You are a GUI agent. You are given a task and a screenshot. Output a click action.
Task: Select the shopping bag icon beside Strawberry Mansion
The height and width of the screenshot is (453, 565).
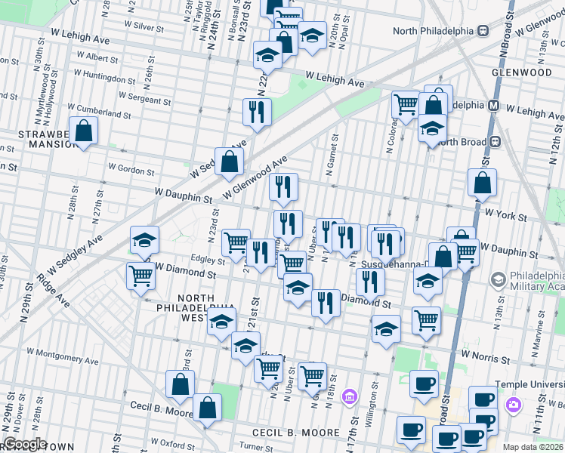coord(83,131)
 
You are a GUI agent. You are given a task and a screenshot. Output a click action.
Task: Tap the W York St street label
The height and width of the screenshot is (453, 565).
coord(505,216)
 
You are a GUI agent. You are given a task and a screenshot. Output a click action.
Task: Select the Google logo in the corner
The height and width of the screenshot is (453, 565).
coord(25,444)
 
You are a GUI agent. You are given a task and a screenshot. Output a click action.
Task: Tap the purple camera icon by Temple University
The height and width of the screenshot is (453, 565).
coord(513,406)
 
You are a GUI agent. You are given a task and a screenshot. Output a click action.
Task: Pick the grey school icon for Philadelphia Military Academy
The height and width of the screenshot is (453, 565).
coord(497,280)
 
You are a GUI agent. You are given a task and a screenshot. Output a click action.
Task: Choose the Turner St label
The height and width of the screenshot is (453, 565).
coord(256,448)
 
